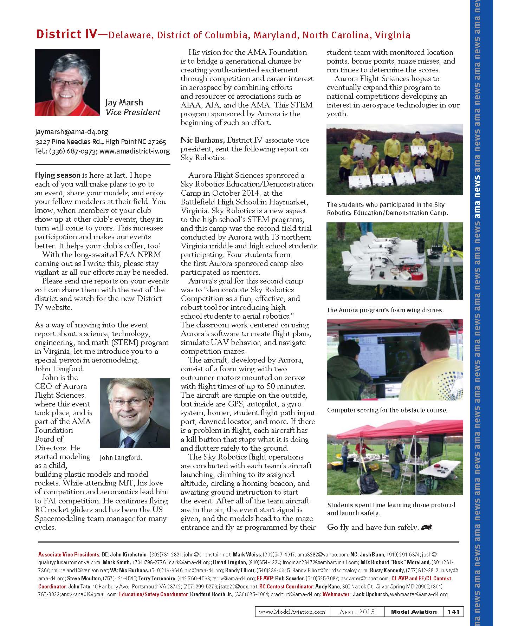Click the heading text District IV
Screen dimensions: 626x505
(67, 34)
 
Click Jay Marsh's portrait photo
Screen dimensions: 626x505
(67, 83)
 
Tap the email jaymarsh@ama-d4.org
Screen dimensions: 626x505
(71, 132)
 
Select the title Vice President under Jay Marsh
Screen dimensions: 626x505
(133, 112)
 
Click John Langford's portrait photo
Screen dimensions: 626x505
(135, 413)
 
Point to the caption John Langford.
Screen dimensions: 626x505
(121, 458)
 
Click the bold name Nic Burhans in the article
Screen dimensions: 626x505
(201, 140)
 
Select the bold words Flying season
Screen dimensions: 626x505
(58, 175)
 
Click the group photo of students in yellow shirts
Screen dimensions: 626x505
(394, 159)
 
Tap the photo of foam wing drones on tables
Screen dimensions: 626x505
(394, 261)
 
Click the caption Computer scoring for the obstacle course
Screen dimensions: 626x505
(387, 410)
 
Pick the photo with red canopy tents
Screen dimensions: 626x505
(395, 457)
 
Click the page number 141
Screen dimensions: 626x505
(453, 612)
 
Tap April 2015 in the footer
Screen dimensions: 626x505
(357, 612)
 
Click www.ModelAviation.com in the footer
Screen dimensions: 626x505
(292, 612)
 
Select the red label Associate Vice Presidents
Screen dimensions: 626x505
(69, 555)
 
